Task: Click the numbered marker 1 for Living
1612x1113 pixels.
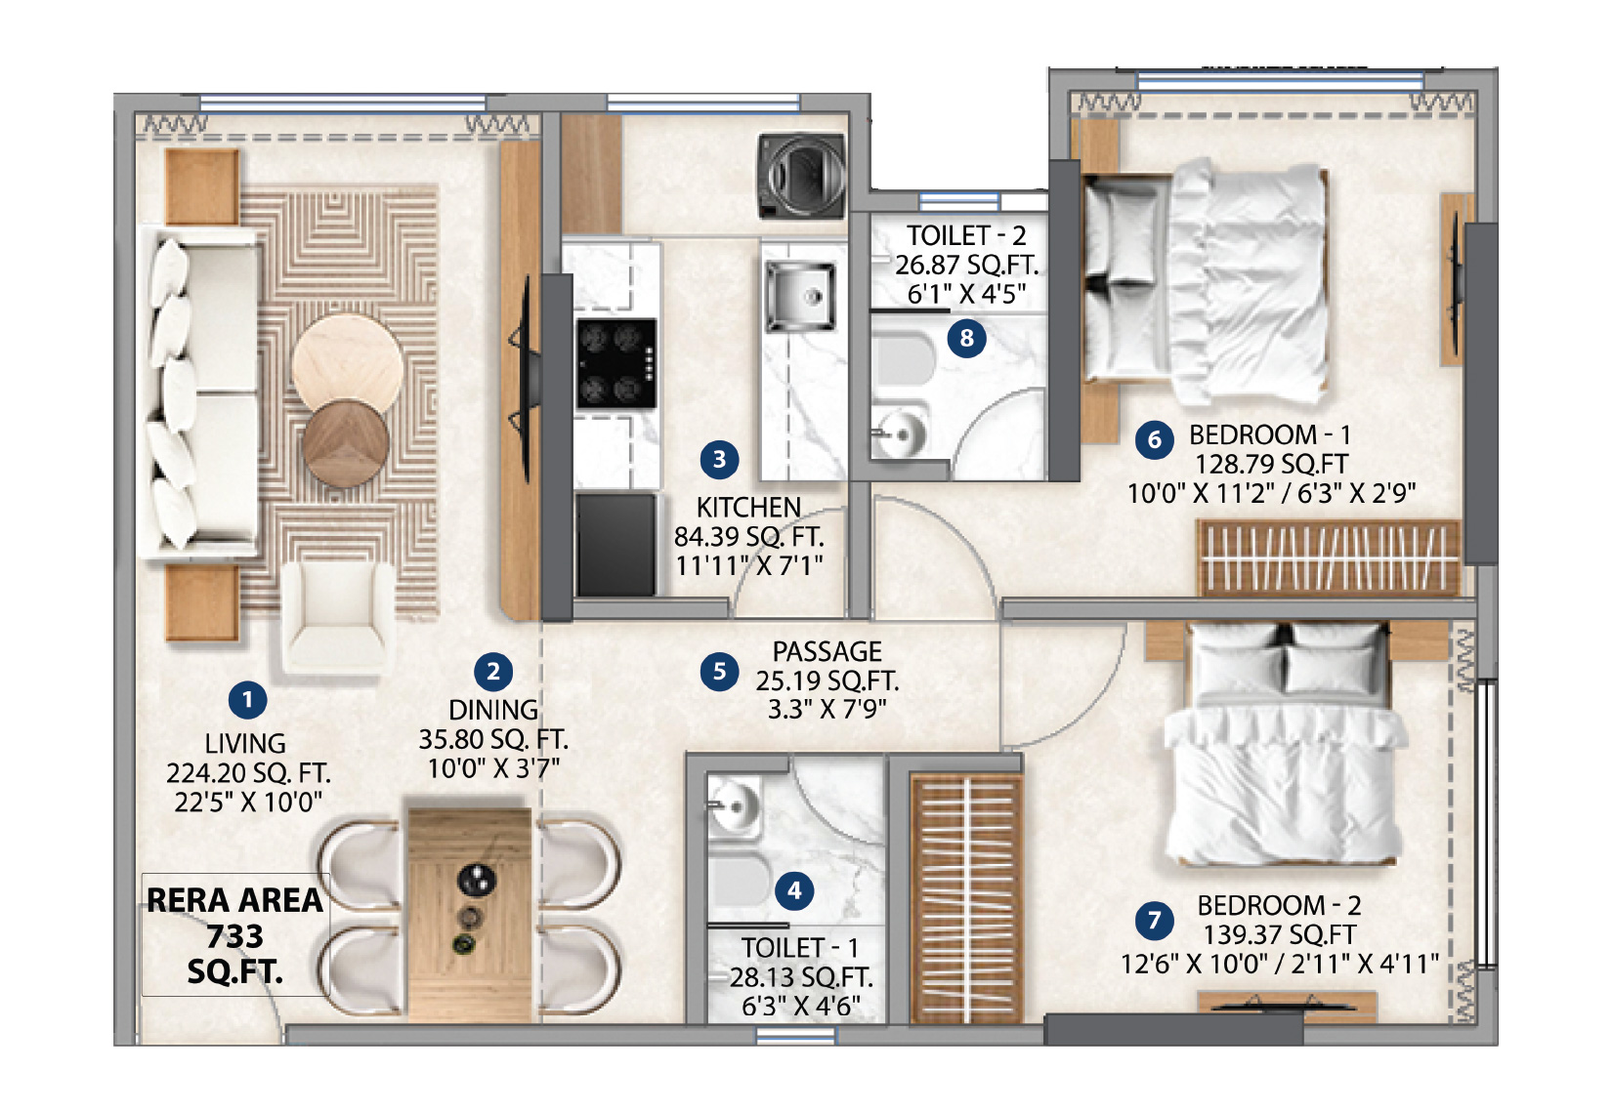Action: click(x=247, y=700)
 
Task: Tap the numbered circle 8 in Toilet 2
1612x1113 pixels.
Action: click(x=966, y=337)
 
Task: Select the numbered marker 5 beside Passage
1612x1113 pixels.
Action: click(x=719, y=672)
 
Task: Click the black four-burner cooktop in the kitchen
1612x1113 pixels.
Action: click(x=616, y=364)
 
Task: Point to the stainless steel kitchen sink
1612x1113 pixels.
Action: click(x=800, y=296)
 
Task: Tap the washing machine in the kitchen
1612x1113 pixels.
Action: click(x=801, y=176)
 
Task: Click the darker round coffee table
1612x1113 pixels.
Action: click(x=346, y=443)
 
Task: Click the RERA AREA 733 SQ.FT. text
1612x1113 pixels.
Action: click(x=234, y=935)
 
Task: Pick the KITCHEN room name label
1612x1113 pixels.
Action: click(x=748, y=508)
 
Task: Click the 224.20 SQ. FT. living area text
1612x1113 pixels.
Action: click(x=248, y=773)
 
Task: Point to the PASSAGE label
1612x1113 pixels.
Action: click(x=827, y=651)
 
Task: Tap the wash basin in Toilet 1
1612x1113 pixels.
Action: click(x=734, y=806)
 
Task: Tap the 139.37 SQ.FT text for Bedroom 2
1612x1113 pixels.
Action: click(x=1280, y=934)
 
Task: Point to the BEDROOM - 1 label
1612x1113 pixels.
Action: click(x=1269, y=435)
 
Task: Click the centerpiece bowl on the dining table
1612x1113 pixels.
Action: click(x=477, y=879)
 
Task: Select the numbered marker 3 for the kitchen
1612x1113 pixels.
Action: click(x=719, y=460)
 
